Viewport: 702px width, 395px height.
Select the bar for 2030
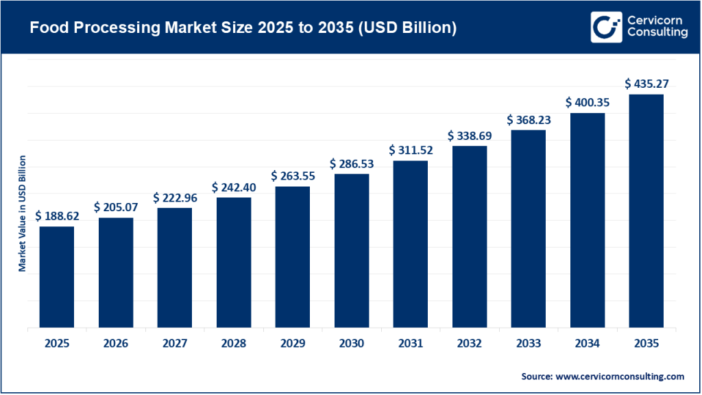point(352,250)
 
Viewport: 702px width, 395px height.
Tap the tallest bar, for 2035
point(646,211)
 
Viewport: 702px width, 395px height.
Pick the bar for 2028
point(234,262)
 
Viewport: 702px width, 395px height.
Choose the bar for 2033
point(528,228)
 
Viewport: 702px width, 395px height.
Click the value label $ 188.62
point(57,216)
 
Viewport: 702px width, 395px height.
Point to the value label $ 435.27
point(646,84)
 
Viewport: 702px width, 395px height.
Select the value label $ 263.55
point(293,176)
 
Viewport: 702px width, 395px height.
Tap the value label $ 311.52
point(411,150)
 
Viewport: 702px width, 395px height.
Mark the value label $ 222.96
point(175,197)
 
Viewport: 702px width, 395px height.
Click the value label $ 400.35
point(588,102)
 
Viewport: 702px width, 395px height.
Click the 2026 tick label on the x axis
point(116,344)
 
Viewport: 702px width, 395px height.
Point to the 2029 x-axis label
point(293,344)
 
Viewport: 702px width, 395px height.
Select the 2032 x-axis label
point(470,344)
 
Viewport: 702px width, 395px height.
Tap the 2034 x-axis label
point(588,344)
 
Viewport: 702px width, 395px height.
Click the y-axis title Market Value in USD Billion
point(22,213)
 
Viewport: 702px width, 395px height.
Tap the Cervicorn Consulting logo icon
point(606,27)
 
